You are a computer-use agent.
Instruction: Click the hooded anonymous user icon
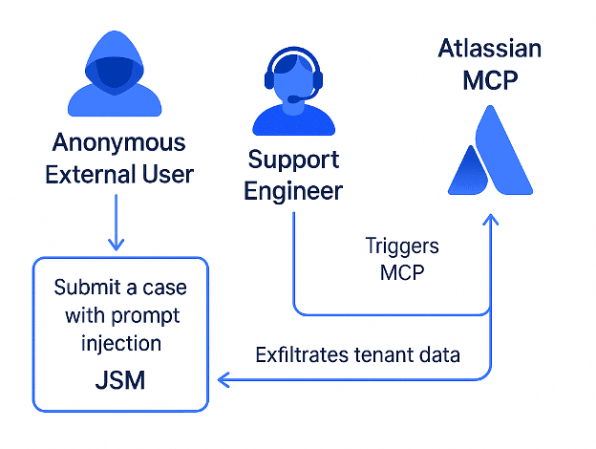(115, 74)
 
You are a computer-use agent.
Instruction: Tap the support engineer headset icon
(294, 92)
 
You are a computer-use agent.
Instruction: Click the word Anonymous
(119, 142)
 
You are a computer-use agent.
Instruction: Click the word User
(168, 174)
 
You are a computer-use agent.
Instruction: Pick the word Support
(293, 160)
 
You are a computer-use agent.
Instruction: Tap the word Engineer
(293, 191)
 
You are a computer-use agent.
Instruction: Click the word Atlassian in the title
(490, 49)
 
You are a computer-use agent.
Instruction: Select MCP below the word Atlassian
(490, 80)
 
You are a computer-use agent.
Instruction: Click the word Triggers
(402, 246)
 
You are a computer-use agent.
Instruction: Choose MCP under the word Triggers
(402, 272)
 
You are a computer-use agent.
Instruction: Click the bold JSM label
(120, 380)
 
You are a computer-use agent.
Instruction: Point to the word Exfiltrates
(302, 354)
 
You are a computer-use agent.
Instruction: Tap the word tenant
(384, 355)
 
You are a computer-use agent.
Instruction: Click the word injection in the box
(121, 343)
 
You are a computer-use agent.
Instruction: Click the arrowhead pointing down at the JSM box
(116, 244)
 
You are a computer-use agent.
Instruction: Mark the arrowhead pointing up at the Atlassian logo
(490, 220)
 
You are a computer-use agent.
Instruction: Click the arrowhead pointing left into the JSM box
(223, 380)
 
